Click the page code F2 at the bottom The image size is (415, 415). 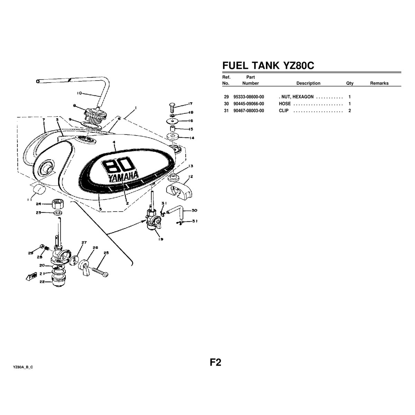215,362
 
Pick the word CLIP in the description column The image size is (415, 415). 284,111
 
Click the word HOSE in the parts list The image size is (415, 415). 285,104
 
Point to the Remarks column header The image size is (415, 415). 379,83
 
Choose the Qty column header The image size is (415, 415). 350,83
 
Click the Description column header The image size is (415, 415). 308,83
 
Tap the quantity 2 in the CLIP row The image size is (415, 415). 350,111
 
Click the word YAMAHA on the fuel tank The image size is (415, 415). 123,177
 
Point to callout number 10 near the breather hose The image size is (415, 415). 79,93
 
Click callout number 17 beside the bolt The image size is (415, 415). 190,103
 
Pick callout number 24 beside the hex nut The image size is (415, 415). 38,204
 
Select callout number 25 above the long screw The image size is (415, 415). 106,253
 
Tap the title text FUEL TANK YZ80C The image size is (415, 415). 268,66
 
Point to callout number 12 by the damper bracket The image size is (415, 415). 191,177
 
